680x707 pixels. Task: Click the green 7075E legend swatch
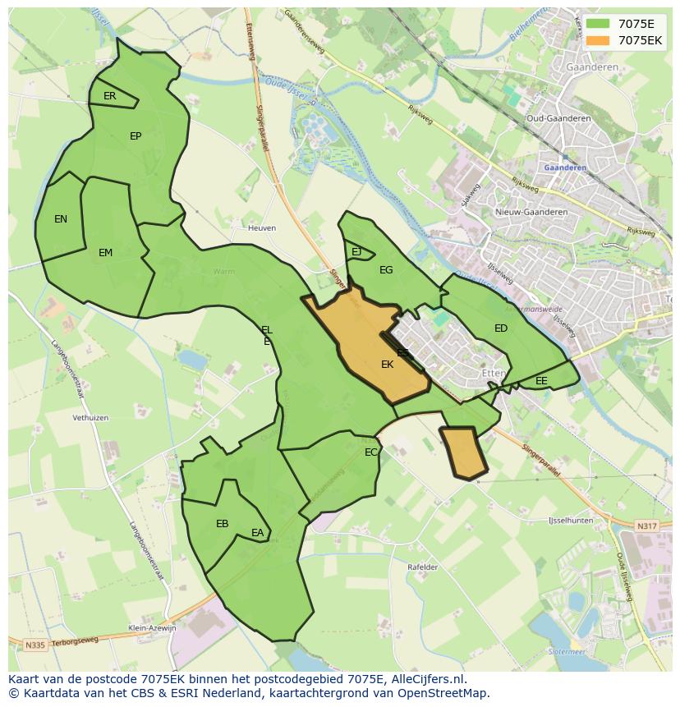(x=597, y=24)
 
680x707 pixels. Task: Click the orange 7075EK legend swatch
(x=597, y=40)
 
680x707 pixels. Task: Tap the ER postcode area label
(x=110, y=96)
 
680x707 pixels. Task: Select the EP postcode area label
(x=136, y=136)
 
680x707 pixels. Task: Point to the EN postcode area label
(x=61, y=219)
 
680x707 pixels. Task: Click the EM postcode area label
(x=105, y=253)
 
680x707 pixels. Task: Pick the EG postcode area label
(x=386, y=270)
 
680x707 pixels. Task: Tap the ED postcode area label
(x=501, y=328)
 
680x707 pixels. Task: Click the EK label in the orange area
(x=388, y=365)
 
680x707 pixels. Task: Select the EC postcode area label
(x=371, y=452)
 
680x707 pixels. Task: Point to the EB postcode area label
(x=222, y=524)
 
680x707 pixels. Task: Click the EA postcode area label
(x=258, y=534)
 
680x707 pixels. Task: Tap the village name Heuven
(x=262, y=227)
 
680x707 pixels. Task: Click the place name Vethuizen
(x=90, y=418)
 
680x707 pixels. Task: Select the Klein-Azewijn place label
(x=153, y=628)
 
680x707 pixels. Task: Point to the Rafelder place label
(x=423, y=567)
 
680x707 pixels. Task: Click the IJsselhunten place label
(x=571, y=521)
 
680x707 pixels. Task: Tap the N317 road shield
(x=647, y=526)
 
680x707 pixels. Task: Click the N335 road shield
(x=34, y=645)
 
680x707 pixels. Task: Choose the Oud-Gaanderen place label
(x=558, y=118)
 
